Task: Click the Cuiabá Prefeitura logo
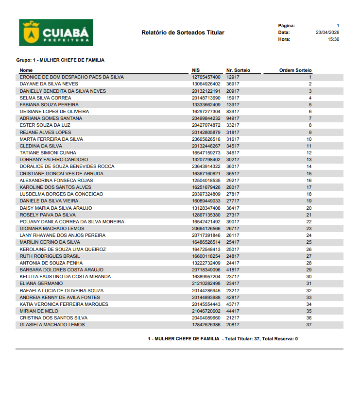[56, 33]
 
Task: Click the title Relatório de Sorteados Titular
[183, 33]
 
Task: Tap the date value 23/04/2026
[327, 33]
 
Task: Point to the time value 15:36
[333, 39]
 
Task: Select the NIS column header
[196, 70]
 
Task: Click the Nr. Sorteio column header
[238, 70]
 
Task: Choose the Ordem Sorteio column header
[295, 70]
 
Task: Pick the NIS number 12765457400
[206, 77]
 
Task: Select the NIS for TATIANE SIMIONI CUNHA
[206, 153]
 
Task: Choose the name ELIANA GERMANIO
[41, 284]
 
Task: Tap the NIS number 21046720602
[206, 311]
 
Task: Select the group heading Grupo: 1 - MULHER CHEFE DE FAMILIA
[60, 60]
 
